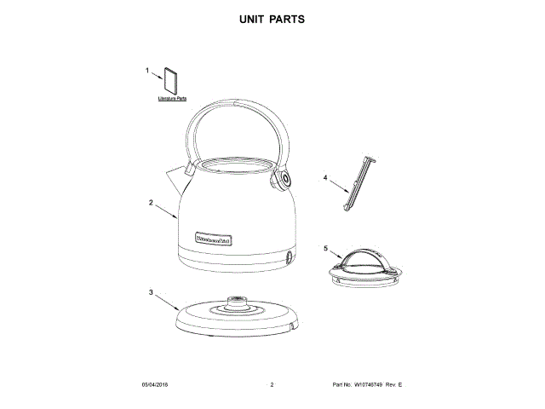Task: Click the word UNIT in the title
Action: tap(251, 18)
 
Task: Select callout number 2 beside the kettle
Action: tap(151, 203)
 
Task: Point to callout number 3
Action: tap(152, 293)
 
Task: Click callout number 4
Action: tap(325, 178)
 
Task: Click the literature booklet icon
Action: tap(170, 80)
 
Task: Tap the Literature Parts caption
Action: tap(172, 100)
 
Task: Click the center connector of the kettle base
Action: tap(236, 302)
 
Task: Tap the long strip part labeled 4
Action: tap(359, 181)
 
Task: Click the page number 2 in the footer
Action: tap(272, 386)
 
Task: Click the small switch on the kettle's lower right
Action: tap(290, 258)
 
